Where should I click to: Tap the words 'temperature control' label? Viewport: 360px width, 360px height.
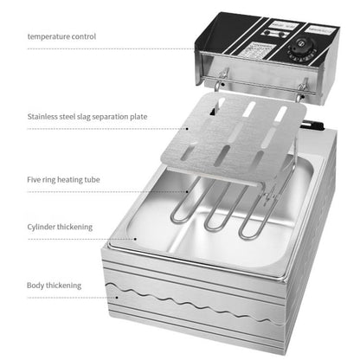click(61, 37)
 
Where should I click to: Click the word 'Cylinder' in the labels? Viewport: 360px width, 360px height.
click(44, 228)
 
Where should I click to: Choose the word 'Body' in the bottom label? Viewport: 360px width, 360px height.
click(36, 284)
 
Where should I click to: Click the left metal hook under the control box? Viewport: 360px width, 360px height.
click(215, 80)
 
